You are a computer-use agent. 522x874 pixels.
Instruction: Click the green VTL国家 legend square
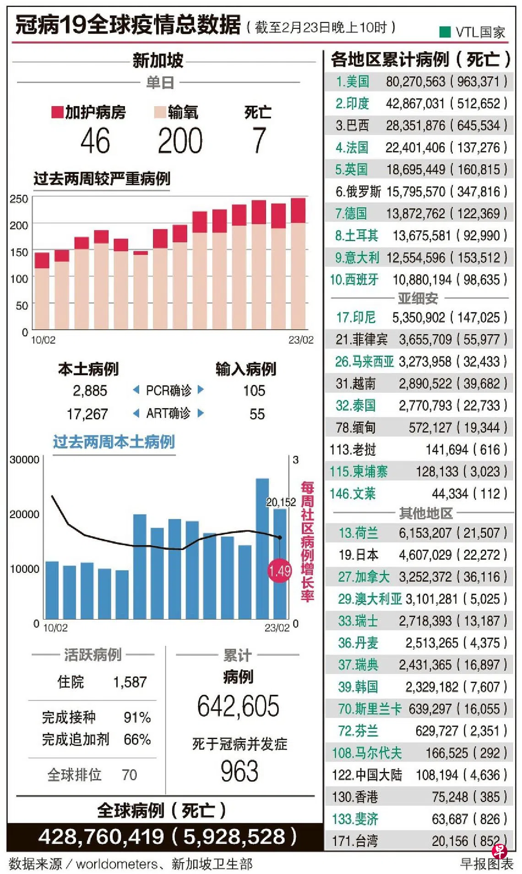click(445, 32)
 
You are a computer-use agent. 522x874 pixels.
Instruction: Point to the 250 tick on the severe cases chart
click(19, 199)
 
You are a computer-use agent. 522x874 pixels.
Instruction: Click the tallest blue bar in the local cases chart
click(262, 548)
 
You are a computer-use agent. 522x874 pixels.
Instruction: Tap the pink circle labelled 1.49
click(279, 571)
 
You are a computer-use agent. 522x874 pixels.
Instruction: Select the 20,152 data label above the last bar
click(281, 502)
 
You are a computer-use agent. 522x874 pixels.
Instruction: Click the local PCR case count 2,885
click(90, 391)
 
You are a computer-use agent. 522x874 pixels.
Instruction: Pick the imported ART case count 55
click(257, 414)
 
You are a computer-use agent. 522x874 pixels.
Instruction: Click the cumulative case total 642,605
click(238, 706)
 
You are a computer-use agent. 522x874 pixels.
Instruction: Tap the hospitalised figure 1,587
click(130, 682)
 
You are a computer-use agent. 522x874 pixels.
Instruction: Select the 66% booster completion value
click(137, 739)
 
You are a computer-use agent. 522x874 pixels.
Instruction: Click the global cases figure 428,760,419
click(101, 837)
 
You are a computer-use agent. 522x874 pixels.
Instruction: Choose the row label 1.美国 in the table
click(352, 81)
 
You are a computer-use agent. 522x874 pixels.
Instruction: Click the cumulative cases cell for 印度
click(415, 103)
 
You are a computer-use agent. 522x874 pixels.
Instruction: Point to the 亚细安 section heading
click(418, 298)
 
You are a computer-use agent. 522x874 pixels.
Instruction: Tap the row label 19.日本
click(359, 555)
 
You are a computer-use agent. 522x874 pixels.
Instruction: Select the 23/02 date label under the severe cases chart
click(301, 340)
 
